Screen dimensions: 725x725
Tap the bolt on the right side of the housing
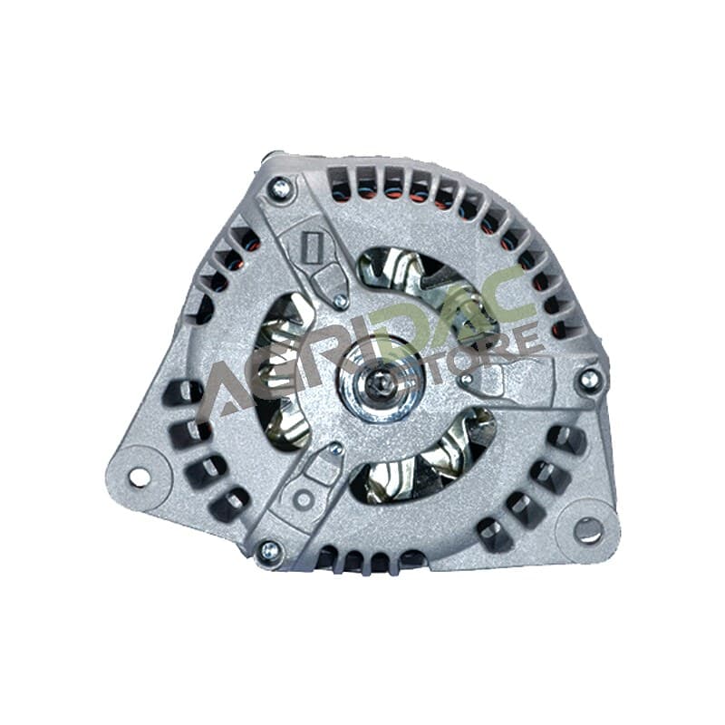pyautogui.click(x=588, y=380)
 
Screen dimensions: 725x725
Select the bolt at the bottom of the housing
pyautogui.click(x=270, y=551)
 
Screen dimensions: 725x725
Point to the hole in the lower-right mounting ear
pyautogui.click(x=588, y=530)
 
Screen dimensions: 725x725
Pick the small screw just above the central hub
pyautogui.click(x=341, y=302)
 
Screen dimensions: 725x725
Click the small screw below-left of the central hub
pyautogui.click(x=336, y=448)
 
